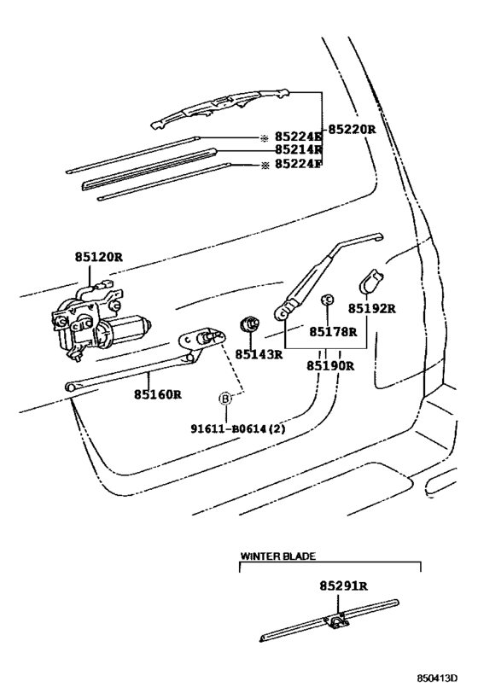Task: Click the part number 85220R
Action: click(x=353, y=130)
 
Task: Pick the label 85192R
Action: click(x=372, y=308)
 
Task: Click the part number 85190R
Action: click(x=330, y=366)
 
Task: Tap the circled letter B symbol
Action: click(x=225, y=399)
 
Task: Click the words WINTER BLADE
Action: click(x=277, y=556)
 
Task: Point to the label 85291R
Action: click(x=343, y=586)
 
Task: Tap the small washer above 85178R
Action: click(x=327, y=300)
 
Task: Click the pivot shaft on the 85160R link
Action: click(x=207, y=339)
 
